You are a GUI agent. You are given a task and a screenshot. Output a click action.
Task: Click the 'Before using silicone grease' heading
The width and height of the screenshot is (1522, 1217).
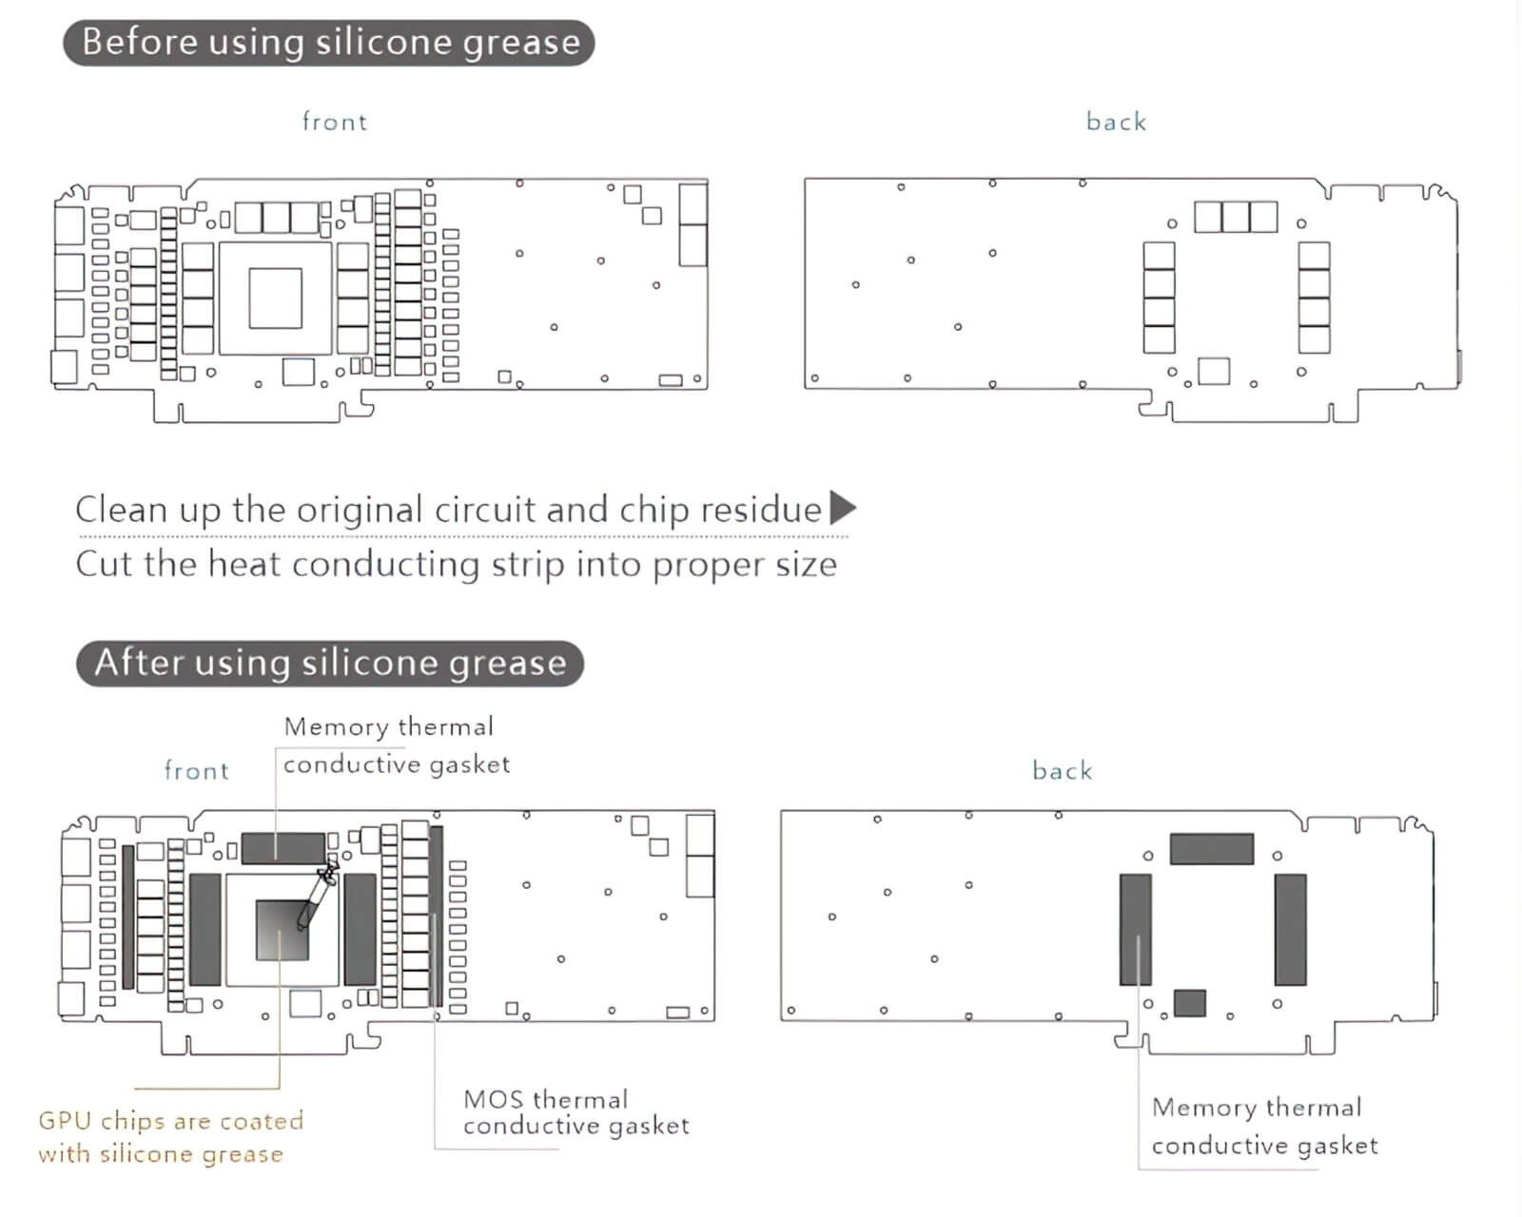(329, 43)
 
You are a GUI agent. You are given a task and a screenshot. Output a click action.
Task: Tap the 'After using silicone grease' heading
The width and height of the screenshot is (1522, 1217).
(329, 663)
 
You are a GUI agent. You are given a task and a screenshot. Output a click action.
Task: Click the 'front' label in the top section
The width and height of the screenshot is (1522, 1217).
(334, 122)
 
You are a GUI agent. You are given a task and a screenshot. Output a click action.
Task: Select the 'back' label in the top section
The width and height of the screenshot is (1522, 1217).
(1116, 122)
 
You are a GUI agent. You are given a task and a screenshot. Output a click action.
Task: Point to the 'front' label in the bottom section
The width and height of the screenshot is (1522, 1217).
(196, 770)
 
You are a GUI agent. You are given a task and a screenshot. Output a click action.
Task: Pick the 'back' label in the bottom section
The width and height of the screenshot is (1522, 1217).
(1062, 770)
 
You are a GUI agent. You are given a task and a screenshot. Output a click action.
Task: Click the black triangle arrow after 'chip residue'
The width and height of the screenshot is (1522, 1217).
(842, 508)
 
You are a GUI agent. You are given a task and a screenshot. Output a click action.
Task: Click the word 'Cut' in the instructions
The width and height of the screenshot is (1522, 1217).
(105, 564)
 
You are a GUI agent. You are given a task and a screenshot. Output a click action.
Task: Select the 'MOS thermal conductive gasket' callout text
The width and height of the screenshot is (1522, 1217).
(576, 1112)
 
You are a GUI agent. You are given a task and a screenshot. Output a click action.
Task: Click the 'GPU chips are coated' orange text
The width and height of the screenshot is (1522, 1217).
(170, 1121)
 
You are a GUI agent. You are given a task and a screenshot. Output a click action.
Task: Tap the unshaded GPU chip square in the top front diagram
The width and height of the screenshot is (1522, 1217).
(276, 298)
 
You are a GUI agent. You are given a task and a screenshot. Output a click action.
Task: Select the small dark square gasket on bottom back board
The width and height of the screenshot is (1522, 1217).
(1189, 1003)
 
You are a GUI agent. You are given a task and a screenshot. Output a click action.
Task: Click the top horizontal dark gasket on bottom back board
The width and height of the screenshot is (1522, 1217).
(1211, 848)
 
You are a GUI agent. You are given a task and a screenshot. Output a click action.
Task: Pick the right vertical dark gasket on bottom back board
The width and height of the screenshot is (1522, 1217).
(1290, 929)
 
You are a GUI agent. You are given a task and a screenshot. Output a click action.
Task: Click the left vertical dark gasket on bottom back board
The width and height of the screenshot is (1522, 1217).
(1135, 929)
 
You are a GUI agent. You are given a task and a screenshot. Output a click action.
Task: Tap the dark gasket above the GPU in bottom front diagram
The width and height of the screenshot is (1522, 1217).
(283, 848)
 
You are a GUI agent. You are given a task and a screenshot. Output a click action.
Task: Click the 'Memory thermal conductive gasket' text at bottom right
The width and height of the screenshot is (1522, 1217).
(1264, 1127)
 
